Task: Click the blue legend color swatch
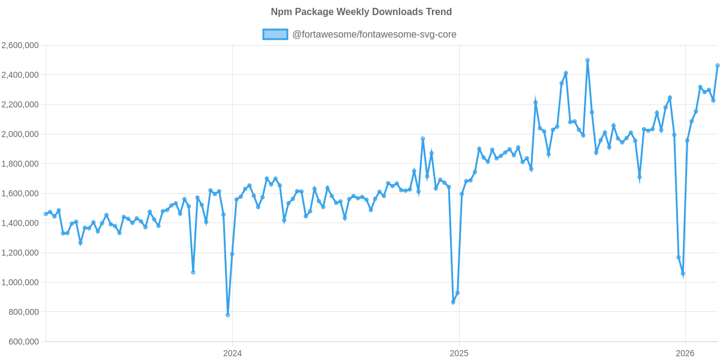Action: pyautogui.click(x=275, y=35)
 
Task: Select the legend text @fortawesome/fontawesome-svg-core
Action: pyautogui.click(x=374, y=35)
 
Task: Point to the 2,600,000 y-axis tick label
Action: pyautogui.click(x=20, y=46)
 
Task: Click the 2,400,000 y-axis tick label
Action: pyautogui.click(x=20, y=75)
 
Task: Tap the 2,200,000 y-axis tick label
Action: pyautogui.click(x=20, y=105)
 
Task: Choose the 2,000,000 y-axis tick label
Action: pyautogui.click(x=20, y=134)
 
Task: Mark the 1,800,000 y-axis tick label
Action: pyautogui.click(x=20, y=164)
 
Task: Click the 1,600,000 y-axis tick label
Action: pyautogui.click(x=20, y=194)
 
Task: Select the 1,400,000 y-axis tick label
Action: pyautogui.click(x=20, y=223)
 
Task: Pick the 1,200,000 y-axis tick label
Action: pyautogui.click(x=20, y=253)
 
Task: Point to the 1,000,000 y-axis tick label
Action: pyautogui.click(x=20, y=283)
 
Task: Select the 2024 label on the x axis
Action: pyautogui.click(x=232, y=353)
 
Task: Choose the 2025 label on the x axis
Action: pyautogui.click(x=459, y=353)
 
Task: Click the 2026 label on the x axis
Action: pyautogui.click(x=685, y=353)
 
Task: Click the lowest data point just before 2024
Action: pyautogui.click(x=228, y=315)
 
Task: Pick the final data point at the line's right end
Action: pyautogui.click(x=718, y=65)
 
